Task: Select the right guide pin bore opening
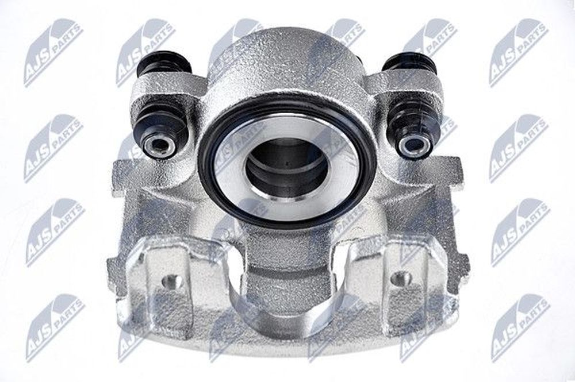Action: coord(412,144)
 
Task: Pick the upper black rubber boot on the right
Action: coord(409,64)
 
